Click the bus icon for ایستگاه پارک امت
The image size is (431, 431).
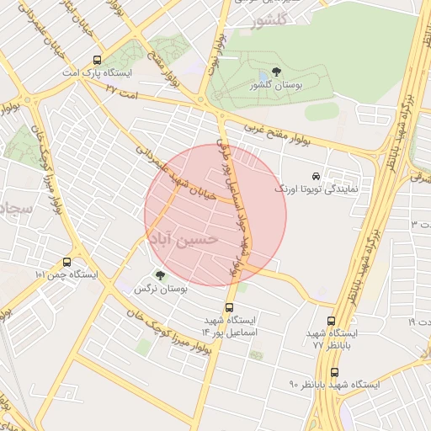tap(98, 61)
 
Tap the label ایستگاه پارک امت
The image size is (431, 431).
tap(98, 74)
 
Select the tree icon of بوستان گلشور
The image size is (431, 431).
tap(278, 73)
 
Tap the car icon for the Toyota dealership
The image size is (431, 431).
tap(316, 177)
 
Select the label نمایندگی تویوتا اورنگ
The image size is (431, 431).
tap(317, 189)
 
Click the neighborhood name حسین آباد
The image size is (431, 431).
tap(183, 239)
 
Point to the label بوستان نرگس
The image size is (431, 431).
tap(160, 289)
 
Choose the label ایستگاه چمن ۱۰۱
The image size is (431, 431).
tap(67, 275)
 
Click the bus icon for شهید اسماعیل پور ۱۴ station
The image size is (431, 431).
tap(229, 307)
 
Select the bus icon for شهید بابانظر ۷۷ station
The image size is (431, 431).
tap(331, 321)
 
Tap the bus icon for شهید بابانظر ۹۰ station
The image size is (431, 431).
tap(335, 371)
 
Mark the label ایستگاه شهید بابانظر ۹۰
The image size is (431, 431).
tap(335, 385)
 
